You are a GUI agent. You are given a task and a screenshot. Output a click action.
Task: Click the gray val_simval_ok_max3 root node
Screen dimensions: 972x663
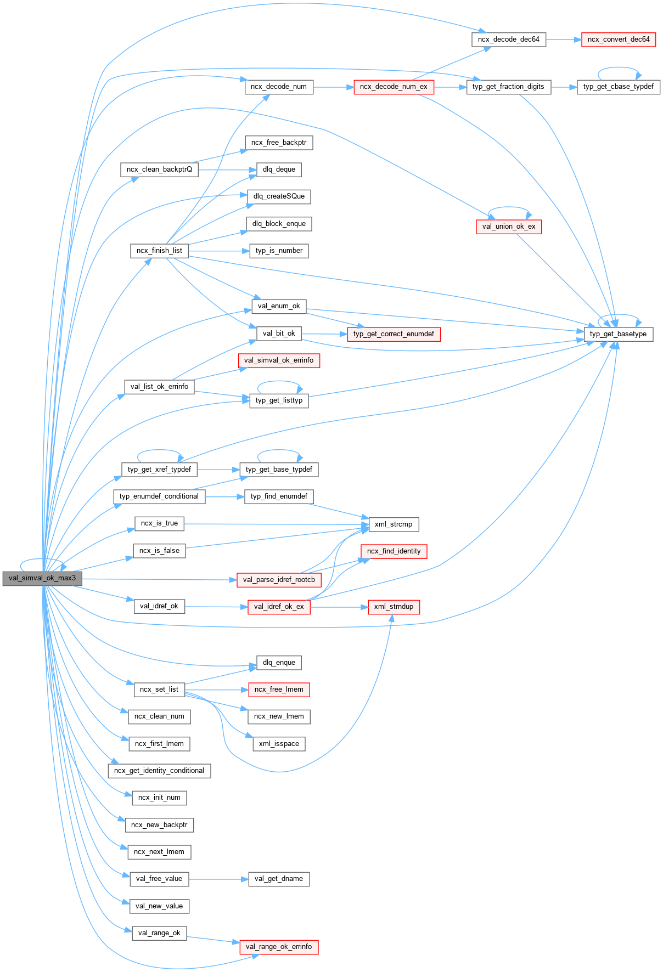click(42, 578)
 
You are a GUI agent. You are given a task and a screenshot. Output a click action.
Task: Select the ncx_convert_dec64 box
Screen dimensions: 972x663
click(618, 39)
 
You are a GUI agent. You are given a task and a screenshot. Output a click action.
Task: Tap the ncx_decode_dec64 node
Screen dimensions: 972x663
click(508, 39)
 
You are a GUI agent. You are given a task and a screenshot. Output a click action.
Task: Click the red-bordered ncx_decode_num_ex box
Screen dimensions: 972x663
click(394, 87)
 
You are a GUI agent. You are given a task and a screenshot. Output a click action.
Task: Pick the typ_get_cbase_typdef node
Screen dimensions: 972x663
click(618, 87)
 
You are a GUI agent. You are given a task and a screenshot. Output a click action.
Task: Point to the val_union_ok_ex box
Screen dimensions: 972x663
click(508, 227)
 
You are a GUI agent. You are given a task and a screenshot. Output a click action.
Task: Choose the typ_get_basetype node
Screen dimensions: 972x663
click(618, 334)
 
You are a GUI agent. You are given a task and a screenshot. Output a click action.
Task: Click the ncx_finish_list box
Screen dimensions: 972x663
click(159, 251)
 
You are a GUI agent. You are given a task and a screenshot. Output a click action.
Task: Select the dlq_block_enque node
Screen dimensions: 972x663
click(279, 224)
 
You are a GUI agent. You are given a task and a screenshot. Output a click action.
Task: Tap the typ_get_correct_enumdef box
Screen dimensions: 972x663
click(394, 334)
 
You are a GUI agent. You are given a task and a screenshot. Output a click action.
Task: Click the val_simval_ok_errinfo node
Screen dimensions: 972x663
click(279, 360)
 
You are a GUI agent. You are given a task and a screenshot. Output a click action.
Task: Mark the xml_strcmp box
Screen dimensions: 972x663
click(394, 524)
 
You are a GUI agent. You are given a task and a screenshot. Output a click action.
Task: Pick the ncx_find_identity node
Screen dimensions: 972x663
click(394, 551)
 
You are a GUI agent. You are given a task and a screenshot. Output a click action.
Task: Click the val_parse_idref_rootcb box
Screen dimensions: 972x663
click(279, 580)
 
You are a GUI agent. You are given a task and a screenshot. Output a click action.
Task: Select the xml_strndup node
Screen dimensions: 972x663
click(394, 607)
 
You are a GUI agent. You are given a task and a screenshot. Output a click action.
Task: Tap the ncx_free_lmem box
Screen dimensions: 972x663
click(279, 690)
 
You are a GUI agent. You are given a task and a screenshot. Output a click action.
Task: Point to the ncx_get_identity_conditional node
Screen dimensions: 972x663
click(159, 771)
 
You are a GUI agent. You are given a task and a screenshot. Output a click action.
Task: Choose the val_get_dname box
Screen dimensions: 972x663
click(279, 879)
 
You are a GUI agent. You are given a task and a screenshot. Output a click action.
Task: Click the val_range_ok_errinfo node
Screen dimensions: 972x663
click(279, 947)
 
